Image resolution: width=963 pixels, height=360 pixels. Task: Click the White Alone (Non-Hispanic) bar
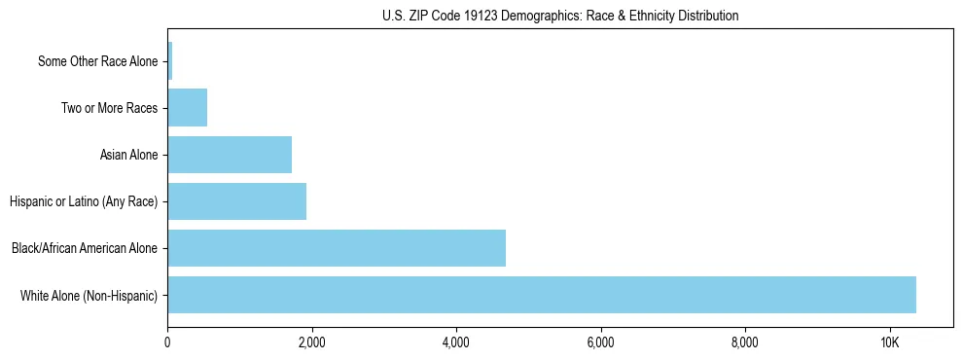pos(541,295)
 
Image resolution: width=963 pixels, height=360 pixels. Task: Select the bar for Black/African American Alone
pos(337,248)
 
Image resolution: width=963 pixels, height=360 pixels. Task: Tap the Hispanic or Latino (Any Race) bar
pos(236,201)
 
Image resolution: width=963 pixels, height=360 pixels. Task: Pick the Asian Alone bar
pos(230,155)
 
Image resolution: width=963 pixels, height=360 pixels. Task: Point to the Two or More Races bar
pos(187,108)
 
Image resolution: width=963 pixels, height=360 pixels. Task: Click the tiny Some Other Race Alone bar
pos(170,61)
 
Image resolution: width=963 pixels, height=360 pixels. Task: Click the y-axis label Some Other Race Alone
pos(97,61)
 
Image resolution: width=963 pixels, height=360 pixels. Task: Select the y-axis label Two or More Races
pos(109,108)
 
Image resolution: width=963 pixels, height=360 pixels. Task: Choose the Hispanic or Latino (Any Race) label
pos(84,201)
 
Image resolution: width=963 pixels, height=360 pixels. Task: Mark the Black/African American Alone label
pos(85,248)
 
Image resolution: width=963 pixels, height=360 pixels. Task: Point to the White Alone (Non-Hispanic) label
pos(89,295)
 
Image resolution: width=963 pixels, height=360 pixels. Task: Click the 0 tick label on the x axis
pos(167,342)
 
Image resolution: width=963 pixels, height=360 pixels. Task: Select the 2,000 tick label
pos(311,342)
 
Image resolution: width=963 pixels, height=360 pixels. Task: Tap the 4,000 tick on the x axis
pos(456,342)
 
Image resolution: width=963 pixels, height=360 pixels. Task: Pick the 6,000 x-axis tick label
pos(600,342)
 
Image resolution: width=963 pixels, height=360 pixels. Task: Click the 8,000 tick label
pos(745,342)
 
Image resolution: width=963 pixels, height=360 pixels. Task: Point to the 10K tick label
pos(889,342)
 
